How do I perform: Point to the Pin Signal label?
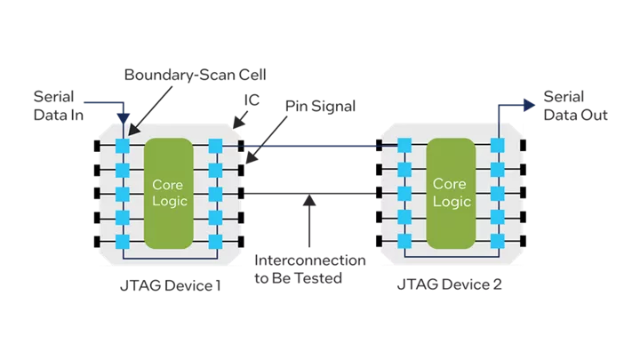point(320,107)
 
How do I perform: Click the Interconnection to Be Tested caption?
point(310,268)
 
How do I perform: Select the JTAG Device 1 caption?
point(169,286)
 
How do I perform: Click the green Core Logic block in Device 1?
point(168,192)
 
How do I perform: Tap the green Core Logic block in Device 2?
point(449,192)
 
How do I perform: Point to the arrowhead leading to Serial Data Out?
point(532,104)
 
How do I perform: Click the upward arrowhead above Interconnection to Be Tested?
point(309,201)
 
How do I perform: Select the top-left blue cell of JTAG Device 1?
point(122,144)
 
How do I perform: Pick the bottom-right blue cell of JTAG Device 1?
point(214,242)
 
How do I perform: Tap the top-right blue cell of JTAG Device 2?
point(495,144)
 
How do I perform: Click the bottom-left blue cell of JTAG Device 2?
point(404,242)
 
